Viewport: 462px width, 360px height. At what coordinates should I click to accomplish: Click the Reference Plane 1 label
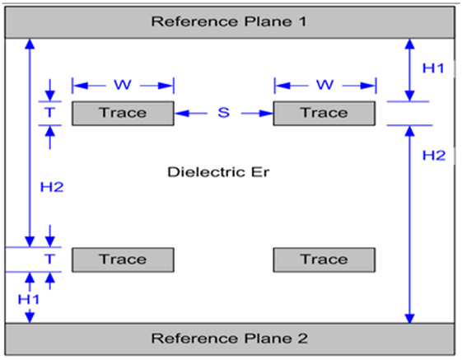228,21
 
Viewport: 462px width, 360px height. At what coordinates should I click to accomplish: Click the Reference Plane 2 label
228,338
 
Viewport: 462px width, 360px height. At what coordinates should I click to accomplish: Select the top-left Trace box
123,113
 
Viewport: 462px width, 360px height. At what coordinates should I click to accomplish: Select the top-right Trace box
324,113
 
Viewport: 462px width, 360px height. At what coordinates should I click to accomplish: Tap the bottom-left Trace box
123,259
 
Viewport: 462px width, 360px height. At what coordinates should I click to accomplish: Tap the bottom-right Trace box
324,259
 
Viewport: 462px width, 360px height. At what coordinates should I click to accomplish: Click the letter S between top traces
223,113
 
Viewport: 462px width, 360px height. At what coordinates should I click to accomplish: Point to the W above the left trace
123,84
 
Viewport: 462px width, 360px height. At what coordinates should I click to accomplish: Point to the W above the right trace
324,84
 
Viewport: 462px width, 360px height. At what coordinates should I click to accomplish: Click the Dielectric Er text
218,172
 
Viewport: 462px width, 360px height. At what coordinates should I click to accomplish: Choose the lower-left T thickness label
50,259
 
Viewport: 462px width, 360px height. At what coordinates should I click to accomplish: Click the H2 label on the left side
52,187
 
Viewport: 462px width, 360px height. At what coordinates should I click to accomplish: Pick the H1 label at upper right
433,68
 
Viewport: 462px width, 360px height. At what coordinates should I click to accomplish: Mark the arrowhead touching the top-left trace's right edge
179,113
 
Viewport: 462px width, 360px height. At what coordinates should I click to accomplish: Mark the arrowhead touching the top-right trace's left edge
268,113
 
